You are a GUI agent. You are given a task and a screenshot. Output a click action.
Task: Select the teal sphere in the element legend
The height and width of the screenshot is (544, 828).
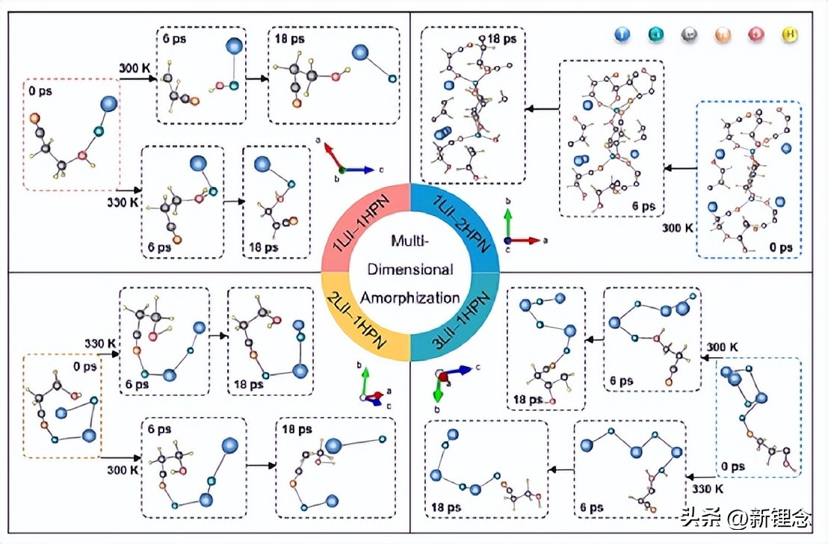click(x=655, y=34)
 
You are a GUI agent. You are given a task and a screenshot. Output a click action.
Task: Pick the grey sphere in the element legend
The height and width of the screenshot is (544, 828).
click(x=689, y=34)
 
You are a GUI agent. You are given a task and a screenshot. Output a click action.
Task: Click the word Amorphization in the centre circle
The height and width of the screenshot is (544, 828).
click(x=410, y=297)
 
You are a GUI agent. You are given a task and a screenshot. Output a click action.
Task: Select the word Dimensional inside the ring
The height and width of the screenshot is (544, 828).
click(x=410, y=269)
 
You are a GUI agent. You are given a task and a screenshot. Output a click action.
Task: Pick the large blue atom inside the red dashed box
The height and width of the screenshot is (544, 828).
click(x=109, y=103)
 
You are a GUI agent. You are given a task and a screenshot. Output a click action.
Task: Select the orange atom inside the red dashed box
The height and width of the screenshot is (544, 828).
click(x=34, y=118)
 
